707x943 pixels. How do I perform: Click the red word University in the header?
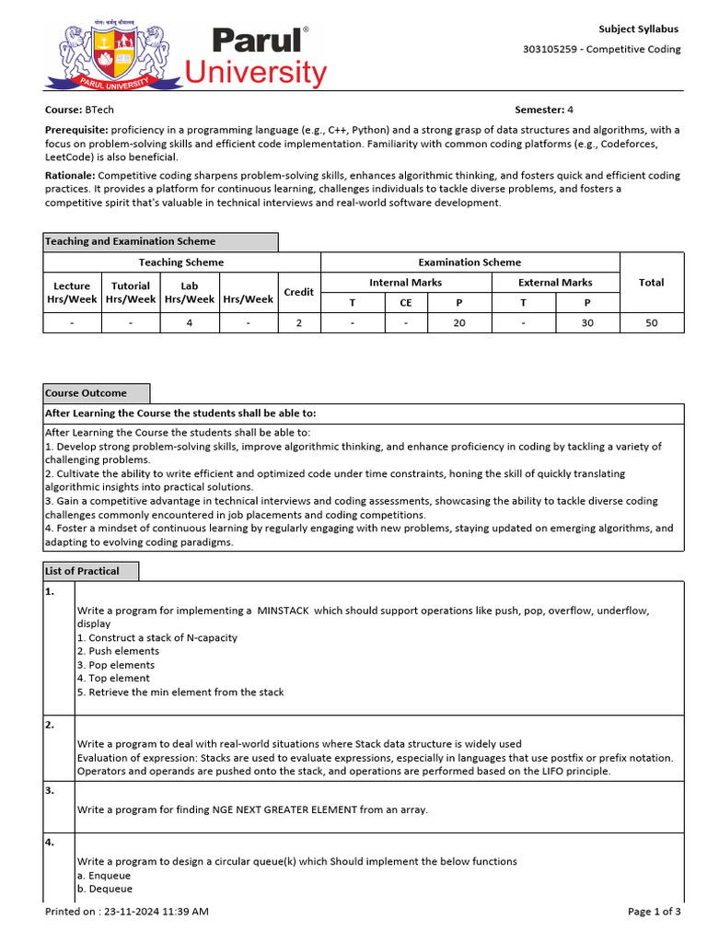click(256, 73)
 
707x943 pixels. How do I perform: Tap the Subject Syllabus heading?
click(638, 29)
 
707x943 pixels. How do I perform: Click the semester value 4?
click(570, 110)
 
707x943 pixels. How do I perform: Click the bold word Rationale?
click(70, 175)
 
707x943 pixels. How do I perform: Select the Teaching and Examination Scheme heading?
click(131, 241)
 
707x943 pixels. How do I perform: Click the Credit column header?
click(298, 292)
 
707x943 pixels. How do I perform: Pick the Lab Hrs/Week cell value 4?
click(190, 323)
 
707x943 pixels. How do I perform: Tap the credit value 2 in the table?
click(298, 323)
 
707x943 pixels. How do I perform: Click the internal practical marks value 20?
click(459, 323)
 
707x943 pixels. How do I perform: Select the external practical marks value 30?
click(587, 323)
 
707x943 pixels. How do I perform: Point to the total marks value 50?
click(651, 323)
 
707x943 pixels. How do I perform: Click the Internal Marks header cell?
click(405, 283)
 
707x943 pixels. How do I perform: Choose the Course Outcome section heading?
click(86, 393)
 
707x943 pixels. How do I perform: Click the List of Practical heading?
click(82, 571)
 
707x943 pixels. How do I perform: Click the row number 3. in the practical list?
click(51, 790)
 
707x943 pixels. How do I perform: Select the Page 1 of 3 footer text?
click(655, 912)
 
